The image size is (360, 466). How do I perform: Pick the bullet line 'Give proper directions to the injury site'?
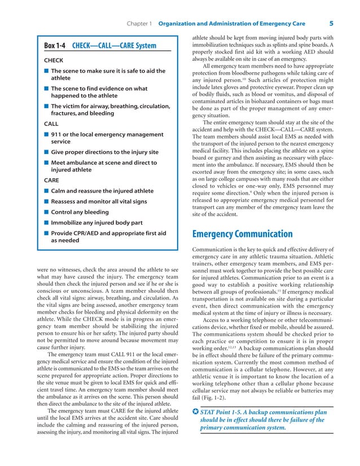pyautogui.click(x=104, y=152)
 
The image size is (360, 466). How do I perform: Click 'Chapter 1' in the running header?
pyautogui.click(x=137, y=24)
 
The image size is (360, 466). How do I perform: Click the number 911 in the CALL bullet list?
pyautogui.click(x=56, y=134)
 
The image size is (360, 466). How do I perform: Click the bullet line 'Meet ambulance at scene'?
pyautogui.click(x=103, y=162)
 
